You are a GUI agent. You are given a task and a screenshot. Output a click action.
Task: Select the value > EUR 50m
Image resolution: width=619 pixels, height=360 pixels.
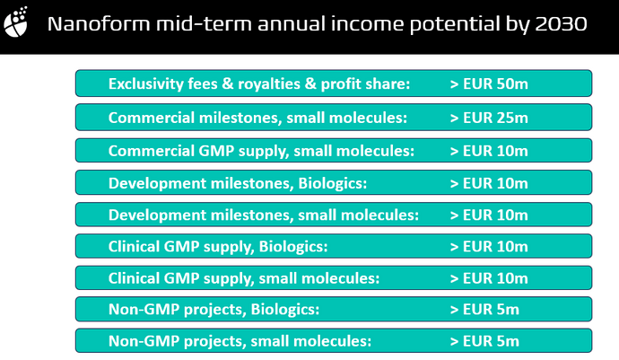[489, 84]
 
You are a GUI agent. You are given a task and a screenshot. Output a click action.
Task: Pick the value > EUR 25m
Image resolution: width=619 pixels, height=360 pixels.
[489, 118]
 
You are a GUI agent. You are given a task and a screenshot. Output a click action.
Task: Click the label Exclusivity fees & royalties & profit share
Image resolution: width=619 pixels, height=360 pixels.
[259, 84]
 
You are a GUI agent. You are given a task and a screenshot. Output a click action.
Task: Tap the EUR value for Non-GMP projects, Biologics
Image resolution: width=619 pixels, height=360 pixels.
[484, 310]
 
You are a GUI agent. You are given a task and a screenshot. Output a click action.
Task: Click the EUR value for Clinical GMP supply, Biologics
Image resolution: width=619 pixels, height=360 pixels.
[489, 247]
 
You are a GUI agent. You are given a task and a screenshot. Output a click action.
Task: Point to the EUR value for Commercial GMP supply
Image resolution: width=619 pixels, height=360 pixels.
[489, 151]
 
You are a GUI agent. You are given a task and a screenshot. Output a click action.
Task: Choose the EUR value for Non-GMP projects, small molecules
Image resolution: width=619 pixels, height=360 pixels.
[484, 341]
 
